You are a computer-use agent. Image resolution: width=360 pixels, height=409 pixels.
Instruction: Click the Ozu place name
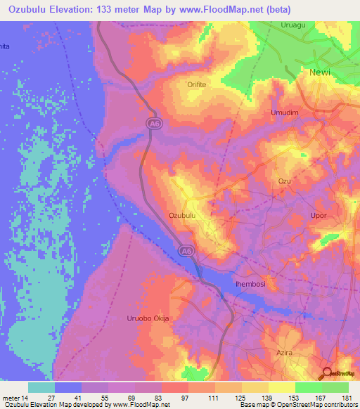(x=284, y=181)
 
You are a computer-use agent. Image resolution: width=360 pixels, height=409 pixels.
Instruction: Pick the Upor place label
(x=319, y=216)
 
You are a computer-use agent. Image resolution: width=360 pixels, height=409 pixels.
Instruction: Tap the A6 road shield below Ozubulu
(x=184, y=249)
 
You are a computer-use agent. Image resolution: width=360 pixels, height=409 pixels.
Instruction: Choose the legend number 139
(x=266, y=398)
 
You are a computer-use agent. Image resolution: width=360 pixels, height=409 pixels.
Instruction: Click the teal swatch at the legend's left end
(x=41, y=387)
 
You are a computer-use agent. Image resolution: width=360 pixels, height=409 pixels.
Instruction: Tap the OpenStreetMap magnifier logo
(x=328, y=375)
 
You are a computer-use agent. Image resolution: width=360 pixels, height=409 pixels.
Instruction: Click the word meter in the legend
(x=12, y=398)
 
